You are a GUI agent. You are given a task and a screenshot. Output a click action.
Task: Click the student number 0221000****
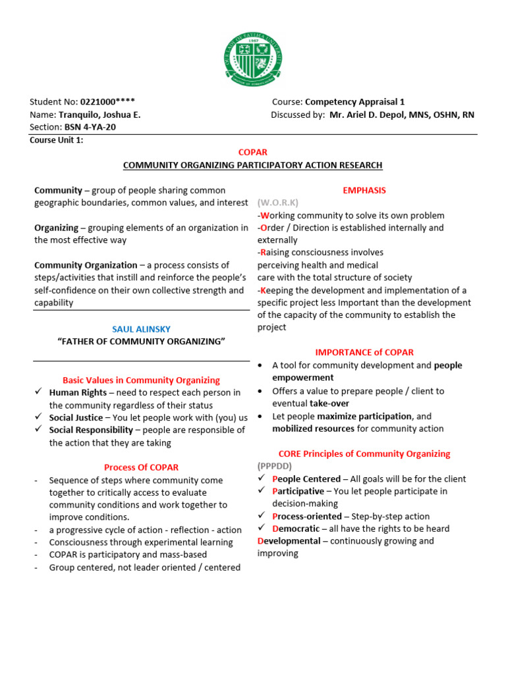(x=107, y=102)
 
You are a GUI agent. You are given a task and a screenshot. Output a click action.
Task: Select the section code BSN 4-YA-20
(x=90, y=127)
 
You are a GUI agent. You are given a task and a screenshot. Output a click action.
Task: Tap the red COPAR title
(x=253, y=153)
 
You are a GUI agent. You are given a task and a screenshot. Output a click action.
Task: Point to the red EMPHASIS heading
(x=364, y=190)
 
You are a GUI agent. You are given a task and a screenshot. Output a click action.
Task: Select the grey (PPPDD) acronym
(x=274, y=466)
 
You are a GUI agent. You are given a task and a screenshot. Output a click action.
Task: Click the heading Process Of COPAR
(x=141, y=467)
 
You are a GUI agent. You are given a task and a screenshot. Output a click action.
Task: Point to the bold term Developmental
(x=289, y=541)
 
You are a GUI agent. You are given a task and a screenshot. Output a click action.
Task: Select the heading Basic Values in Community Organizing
(x=141, y=380)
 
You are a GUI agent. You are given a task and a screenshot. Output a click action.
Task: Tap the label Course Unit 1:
(x=57, y=140)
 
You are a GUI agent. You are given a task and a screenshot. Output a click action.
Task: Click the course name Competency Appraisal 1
(x=355, y=102)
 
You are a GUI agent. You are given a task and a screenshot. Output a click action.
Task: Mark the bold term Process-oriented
(x=306, y=517)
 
